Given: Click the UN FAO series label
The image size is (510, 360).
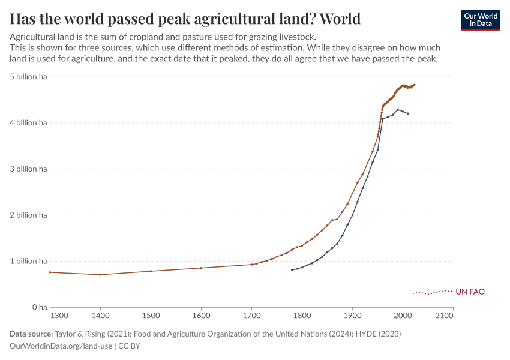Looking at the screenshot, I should click(x=470, y=292).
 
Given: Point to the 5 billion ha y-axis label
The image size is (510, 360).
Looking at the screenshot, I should click(x=28, y=77).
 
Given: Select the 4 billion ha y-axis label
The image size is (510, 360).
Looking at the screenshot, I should click(x=28, y=123).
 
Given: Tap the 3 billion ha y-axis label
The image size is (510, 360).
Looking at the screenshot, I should click(x=28, y=169).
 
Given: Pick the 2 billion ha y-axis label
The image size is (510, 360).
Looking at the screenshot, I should click(x=28, y=215).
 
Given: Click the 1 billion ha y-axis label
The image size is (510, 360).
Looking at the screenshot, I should click(x=28, y=261).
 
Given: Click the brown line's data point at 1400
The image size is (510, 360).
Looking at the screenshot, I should click(x=100, y=275).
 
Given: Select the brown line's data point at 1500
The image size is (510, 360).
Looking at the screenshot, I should click(x=151, y=271).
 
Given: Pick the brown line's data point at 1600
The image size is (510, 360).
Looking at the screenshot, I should click(x=201, y=268).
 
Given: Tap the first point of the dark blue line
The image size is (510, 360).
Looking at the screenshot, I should click(x=292, y=270).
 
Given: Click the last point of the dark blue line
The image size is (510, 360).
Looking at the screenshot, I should click(x=408, y=113).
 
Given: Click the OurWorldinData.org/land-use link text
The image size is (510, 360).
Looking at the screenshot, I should click(x=61, y=346).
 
